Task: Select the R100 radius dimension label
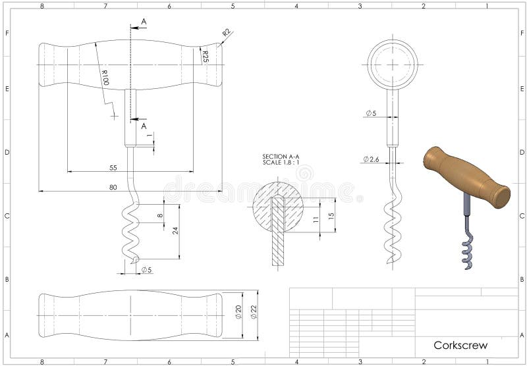click(104, 77)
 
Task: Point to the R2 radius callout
click(226, 32)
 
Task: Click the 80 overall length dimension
click(113, 188)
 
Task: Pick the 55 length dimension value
click(113, 168)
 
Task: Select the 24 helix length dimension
click(175, 231)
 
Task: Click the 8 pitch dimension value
click(159, 215)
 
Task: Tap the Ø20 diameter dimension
click(238, 312)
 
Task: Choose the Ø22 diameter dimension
click(253, 312)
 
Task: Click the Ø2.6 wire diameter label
click(370, 159)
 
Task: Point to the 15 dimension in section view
click(331, 215)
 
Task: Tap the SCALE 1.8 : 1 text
click(281, 162)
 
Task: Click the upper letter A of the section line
click(144, 22)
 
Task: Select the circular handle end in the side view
click(393, 65)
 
